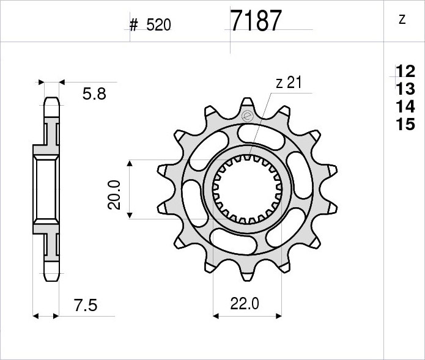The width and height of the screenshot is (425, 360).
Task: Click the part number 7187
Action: point(256,21)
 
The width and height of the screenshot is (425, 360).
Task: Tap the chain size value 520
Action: point(158,25)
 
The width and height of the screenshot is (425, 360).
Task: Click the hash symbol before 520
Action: point(134,25)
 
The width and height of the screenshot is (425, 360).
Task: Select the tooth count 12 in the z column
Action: point(405,72)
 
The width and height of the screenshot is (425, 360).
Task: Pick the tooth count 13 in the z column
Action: point(405,89)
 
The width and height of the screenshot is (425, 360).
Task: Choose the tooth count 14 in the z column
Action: point(405,106)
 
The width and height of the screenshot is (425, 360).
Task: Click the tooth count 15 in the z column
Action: point(405,124)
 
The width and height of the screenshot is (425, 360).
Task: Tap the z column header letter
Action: point(402,20)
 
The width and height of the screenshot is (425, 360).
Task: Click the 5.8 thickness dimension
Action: point(94,94)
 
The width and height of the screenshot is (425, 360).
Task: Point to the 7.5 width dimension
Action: point(86,305)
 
